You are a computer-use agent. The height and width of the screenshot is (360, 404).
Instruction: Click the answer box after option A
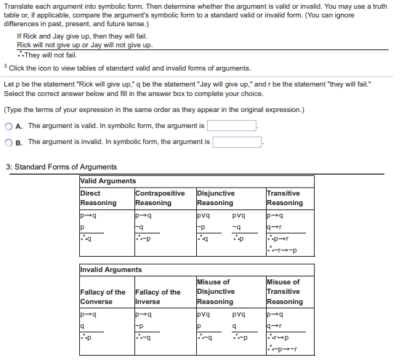233,126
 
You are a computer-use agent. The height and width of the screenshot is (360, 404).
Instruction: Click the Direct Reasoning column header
98,199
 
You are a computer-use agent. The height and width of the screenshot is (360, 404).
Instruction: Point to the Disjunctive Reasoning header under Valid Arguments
216,199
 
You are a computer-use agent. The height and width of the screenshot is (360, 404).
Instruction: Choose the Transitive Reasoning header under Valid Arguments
285,199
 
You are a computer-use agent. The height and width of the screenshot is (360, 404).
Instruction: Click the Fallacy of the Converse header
102,297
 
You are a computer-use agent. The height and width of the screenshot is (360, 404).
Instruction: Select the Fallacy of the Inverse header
158,297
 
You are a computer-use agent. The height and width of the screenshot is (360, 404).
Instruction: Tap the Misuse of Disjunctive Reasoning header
216,291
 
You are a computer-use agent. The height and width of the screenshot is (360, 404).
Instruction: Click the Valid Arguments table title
108,181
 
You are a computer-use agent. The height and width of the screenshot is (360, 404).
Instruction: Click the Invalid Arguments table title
111,270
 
